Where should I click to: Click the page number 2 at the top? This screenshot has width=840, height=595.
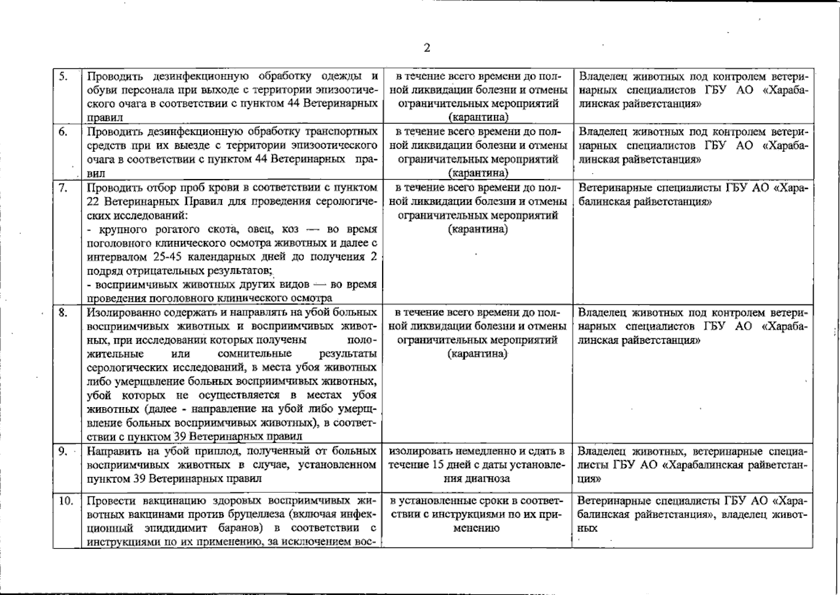point(427,48)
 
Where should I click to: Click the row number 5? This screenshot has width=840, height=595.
point(63,76)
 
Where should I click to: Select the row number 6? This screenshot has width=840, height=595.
point(63,132)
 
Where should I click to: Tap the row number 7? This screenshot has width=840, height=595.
point(63,188)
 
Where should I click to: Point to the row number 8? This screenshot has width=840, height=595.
point(63,313)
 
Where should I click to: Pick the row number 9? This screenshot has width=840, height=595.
point(63,451)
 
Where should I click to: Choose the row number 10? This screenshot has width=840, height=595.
point(65,501)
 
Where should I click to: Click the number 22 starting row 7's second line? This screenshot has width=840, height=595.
point(93,202)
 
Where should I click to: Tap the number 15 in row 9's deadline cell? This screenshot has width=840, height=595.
point(439,465)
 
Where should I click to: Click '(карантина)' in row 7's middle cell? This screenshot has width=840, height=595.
point(478,230)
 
